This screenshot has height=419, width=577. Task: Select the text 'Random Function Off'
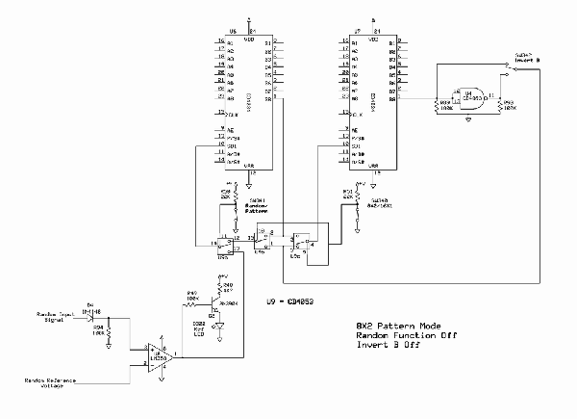[399, 338]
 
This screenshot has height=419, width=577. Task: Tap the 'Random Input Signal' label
[57, 318]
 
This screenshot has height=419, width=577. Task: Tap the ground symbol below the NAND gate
[466, 118]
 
